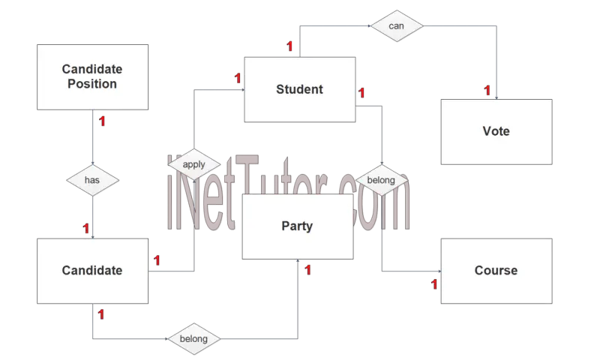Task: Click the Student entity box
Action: pos(299,89)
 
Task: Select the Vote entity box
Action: pos(496,131)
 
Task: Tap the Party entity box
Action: pos(298,226)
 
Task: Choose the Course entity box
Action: pos(496,271)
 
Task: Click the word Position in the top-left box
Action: pos(92,84)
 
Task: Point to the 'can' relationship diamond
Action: pos(397,26)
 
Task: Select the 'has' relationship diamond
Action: pos(92,180)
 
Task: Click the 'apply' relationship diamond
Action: pos(194,164)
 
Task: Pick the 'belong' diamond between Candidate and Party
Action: pos(194,338)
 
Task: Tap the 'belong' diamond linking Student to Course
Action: pos(382,180)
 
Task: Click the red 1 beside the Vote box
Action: pos(487,90)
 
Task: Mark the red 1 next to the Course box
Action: pos(434,284)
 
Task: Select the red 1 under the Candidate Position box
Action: pos(102,121)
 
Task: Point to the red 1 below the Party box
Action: pos(307,270)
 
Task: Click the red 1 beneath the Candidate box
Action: pos(100,314)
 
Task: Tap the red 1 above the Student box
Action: pos(289,46)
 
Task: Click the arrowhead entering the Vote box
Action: pos(496,98)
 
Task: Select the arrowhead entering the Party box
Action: pos(298,261)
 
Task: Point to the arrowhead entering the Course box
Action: pos(439,271)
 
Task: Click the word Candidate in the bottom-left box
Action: pos(92,271)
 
